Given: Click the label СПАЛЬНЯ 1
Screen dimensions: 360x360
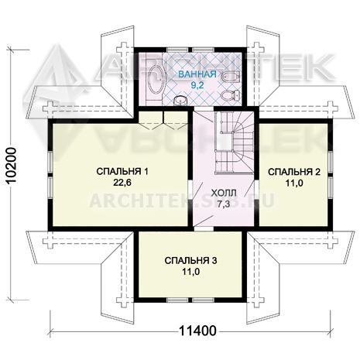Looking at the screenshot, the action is [122, 171].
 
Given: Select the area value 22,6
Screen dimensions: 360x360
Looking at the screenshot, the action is [122, 183].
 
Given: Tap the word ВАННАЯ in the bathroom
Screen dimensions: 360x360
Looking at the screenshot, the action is [197, 74].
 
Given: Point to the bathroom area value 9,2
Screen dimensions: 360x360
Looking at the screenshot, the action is [197, 85].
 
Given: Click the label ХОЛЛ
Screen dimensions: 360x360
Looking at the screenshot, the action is [224, 193].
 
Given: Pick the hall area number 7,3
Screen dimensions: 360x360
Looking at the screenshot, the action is [224, 204].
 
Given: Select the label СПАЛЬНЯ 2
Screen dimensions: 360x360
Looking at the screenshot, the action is [294, 172].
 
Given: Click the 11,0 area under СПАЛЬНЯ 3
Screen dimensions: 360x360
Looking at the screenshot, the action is [191, 272].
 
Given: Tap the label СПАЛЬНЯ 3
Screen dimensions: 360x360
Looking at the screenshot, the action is [190, 261].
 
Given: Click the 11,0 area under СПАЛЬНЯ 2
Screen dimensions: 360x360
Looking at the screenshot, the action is [294, 183].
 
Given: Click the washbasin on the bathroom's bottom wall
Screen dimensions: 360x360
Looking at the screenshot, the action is [180, 100].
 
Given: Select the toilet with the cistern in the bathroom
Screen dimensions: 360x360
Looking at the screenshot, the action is [231, 95].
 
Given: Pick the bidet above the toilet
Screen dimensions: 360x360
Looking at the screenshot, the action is [231, 76].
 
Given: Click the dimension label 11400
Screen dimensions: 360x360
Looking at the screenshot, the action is [197, 331].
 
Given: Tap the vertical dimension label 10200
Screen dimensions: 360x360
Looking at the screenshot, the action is [12, 166].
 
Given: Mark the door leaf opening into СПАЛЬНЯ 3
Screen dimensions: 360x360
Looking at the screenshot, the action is [204, 221].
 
